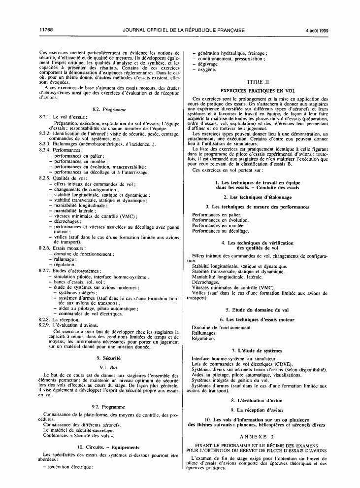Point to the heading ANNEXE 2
coord(257,437)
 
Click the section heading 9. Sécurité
coord(109,357)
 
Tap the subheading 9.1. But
coord(109,367)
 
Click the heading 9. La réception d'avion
coord(257,410)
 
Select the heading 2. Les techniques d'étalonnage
coord(257,197)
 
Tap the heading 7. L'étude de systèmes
coord(257,350)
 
